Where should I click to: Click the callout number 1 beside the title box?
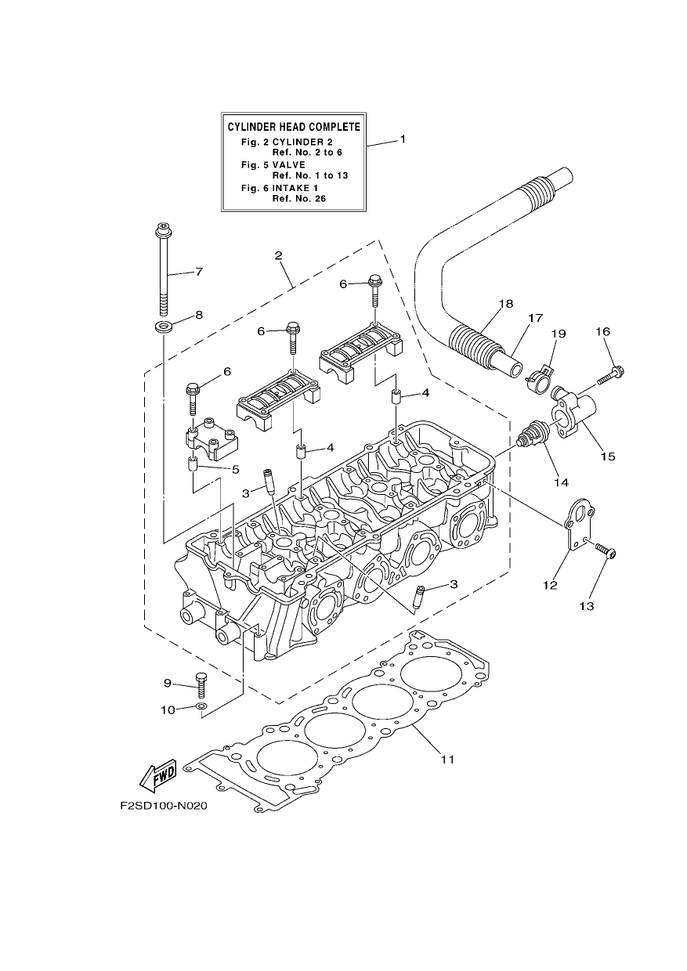coord(403,139)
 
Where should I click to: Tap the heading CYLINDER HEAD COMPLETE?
coord(294,127)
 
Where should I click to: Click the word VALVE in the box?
coord(289,164)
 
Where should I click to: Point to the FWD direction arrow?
coord(158,776)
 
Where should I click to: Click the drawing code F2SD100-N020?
coord(164,806)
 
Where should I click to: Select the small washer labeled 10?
coord(201,706)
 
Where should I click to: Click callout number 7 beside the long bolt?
coord(199,272)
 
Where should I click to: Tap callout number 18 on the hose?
coord(506,304)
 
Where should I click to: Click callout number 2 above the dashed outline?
coord(278,255)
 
